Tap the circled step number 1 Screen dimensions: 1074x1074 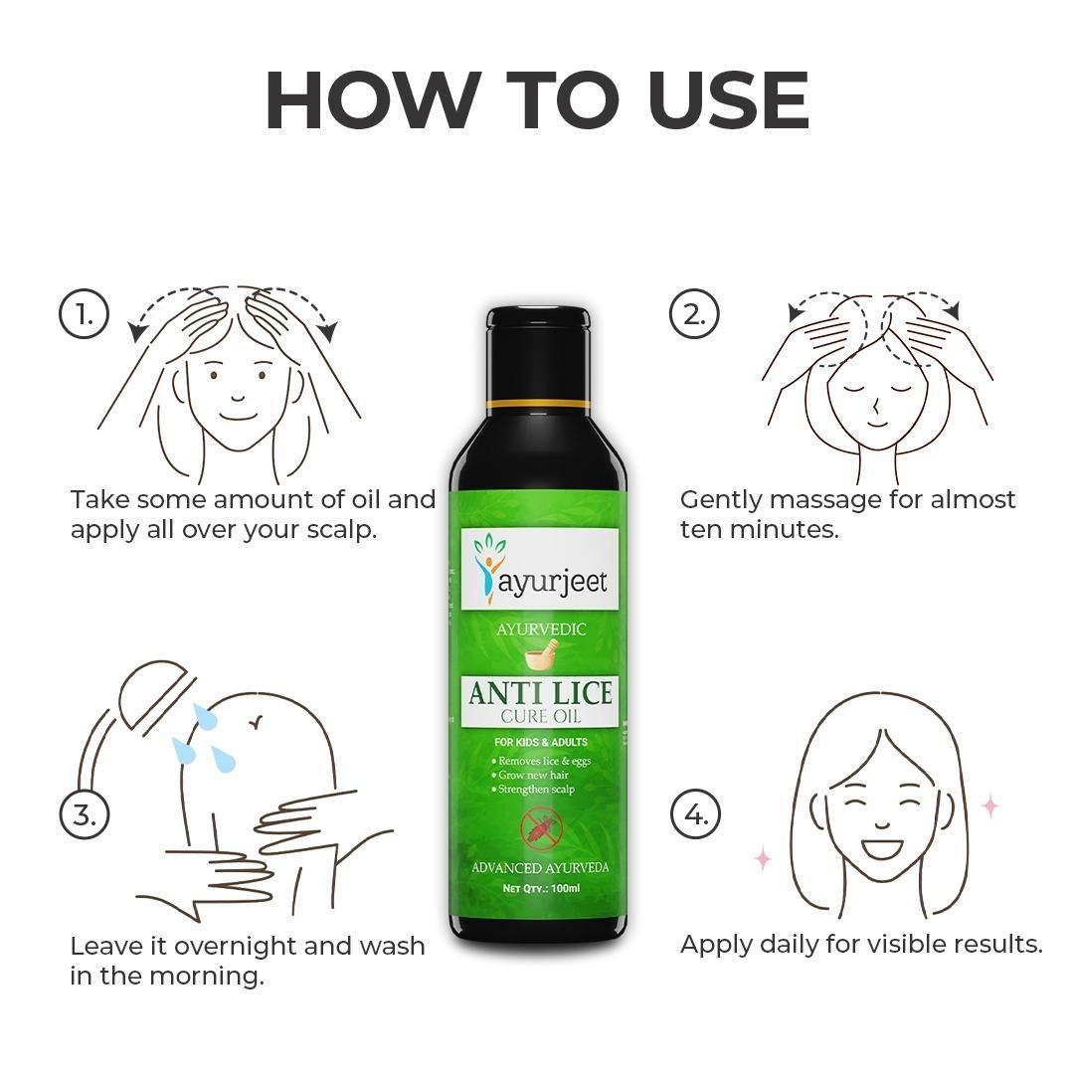click(84, 314)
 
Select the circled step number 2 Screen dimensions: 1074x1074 click(694, 314)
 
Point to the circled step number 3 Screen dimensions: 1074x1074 click(84, 814)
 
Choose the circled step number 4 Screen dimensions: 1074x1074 click(694, 814)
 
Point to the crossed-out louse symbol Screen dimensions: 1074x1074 click(539, 827)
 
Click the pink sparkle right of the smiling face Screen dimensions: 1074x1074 click(989, 805)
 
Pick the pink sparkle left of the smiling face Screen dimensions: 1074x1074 click(763, 857)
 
